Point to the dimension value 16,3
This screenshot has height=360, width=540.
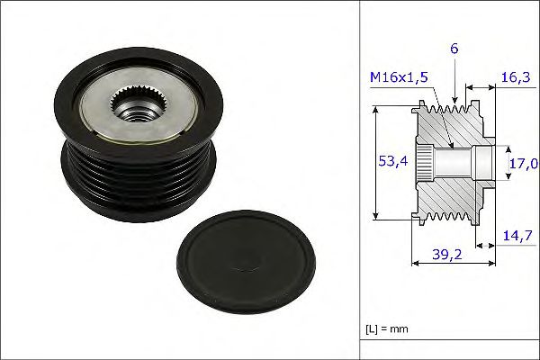[x=513, y=79]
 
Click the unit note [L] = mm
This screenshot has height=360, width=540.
[x=387, y=328]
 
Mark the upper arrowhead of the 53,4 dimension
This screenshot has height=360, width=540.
[x=375, y=108]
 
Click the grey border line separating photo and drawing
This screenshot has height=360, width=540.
[x=360, y=180]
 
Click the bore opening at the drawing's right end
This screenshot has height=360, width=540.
[x=486, y=164]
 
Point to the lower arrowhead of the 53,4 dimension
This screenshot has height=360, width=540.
[x=375, y=217]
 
